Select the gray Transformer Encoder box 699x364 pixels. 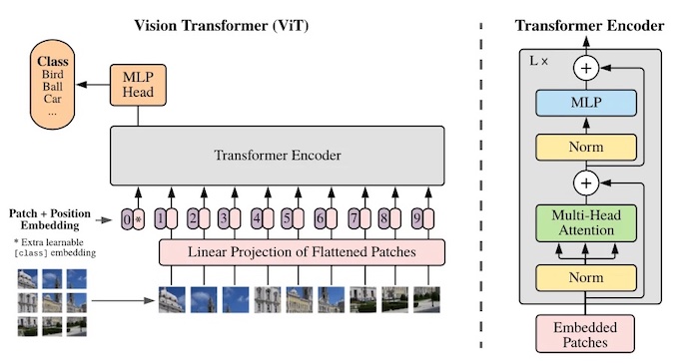click(x=277, y=155)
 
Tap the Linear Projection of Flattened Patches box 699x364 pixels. click(x=301, y=252)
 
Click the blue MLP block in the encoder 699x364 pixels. click(x=585, y=102)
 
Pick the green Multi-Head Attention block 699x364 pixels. click(x=585, y=221)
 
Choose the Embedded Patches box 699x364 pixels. click(x=585, y=334)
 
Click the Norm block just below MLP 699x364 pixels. click(x=585, y=147)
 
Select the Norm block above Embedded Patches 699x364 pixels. click(x=585, y=278)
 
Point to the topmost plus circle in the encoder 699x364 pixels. click(x=585, y=67)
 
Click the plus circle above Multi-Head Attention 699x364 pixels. click(x=585, y=183)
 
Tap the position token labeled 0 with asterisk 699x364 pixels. click(x=133, y=217)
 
